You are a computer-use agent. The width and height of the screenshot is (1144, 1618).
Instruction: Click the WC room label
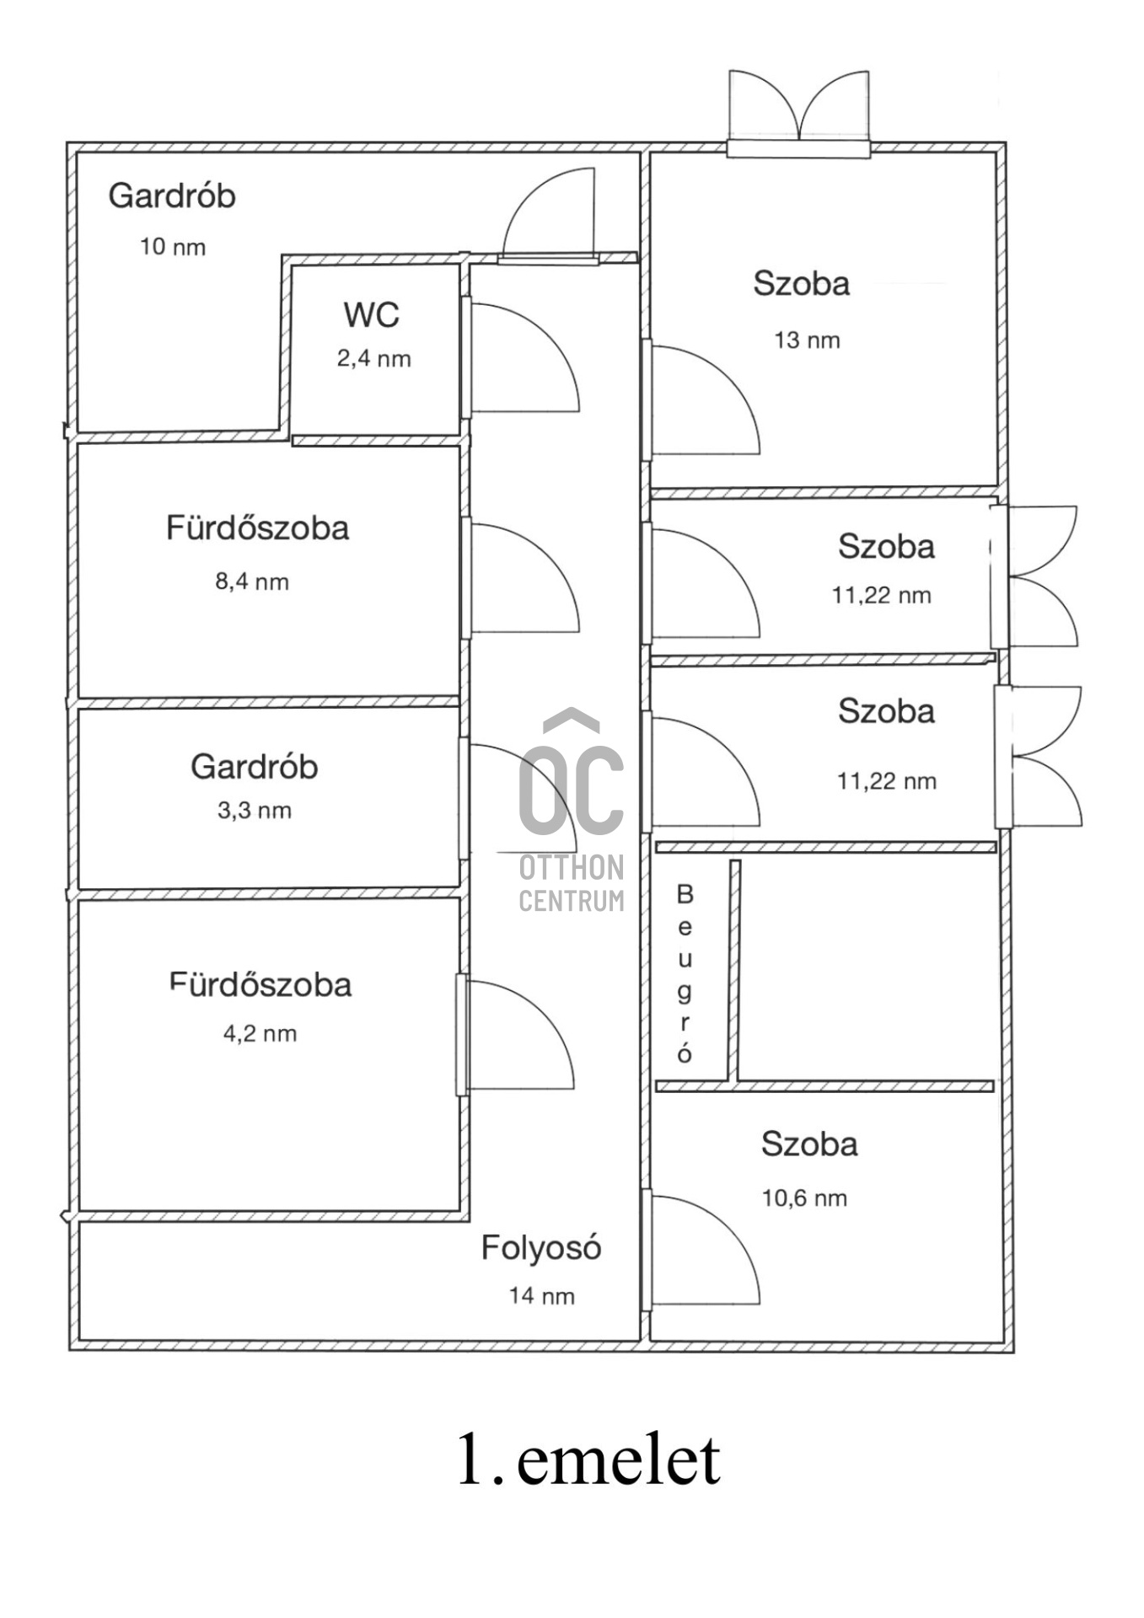coord(371,315)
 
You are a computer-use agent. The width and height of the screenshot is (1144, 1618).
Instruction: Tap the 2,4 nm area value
coord(374,359)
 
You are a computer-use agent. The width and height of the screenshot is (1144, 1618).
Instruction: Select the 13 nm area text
coord(808,340)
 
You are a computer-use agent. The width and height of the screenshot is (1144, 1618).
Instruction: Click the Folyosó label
coord(541,1248)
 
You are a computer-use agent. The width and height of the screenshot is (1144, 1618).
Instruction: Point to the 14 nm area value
coord(542,1296)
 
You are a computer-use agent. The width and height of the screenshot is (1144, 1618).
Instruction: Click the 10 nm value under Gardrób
coord(173,247)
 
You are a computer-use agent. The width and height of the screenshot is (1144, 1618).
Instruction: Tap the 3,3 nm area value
coord(255,811)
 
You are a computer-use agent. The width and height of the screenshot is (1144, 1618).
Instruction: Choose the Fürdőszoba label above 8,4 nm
coord(257,528)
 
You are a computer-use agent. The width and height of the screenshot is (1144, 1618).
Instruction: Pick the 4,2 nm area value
coord(260,1034)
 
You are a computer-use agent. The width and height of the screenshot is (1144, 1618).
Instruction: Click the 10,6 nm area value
coord(805,1198)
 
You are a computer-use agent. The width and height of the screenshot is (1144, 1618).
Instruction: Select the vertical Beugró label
coord(685,973)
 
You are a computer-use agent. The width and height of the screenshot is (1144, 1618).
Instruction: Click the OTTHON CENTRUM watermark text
coord(572,884)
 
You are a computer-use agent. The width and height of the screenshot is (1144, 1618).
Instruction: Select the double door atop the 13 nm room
coord(798,114)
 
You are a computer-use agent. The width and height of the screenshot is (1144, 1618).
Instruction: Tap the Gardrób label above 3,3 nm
coord(255,767)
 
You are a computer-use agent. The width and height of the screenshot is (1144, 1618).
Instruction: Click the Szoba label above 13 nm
coord(802,284)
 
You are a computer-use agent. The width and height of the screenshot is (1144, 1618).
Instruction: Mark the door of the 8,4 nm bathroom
coord(521,578)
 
